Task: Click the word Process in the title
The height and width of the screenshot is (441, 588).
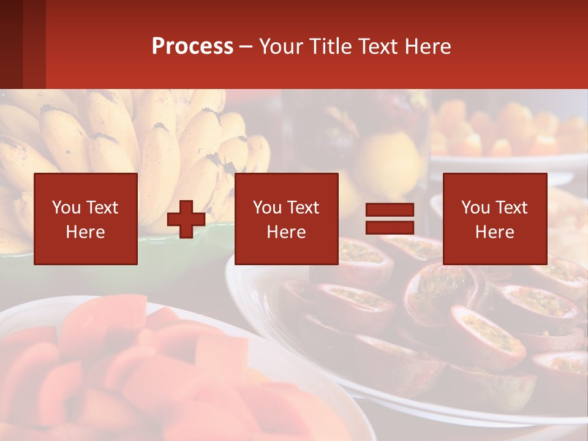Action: (x=192, y=47)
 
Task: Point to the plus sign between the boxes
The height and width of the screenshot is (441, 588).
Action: (x=186, y=219)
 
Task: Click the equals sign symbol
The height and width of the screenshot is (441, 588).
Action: (x=390, y=219)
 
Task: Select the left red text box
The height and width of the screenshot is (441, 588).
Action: (x=86, y=219)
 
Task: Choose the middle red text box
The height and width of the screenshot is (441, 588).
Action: (x=286, y=219)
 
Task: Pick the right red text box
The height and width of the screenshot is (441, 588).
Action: (x=494, y=219)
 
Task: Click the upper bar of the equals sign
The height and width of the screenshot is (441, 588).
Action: (x=390, y=210)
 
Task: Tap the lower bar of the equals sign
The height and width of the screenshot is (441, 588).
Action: (x=390, y=227)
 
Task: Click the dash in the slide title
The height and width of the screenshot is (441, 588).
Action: (x=246, y=47)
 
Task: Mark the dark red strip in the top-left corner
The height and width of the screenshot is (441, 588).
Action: (x=23, y=44)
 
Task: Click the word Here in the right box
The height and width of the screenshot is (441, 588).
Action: (x=494, y=232)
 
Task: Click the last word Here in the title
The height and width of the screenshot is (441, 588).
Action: (x=428, y=47)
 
